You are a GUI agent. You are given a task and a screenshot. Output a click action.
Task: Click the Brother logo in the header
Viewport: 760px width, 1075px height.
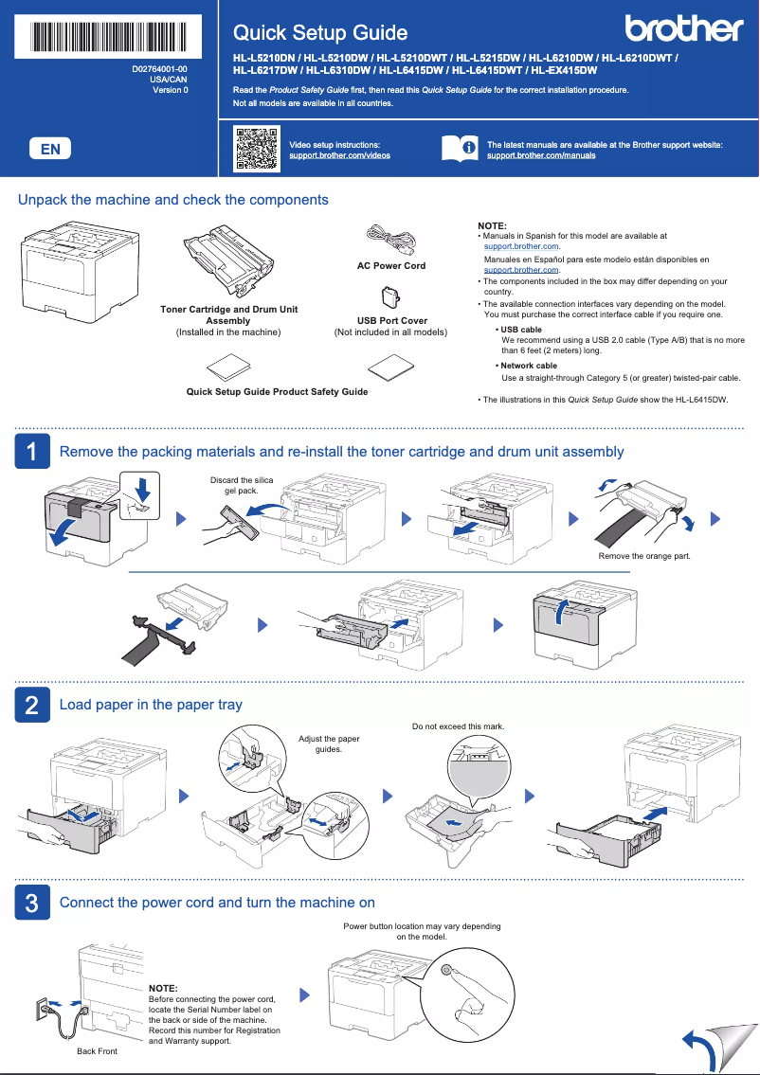(682, 30)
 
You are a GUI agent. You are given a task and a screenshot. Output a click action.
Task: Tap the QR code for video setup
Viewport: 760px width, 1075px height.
(256, 148)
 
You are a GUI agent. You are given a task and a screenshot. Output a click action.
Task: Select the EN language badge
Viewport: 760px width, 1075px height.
(50, 149)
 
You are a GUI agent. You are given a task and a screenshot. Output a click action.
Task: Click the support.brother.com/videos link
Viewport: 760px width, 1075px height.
(339, 155)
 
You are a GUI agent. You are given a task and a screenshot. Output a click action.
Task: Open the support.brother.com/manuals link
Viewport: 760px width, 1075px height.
(541, 155)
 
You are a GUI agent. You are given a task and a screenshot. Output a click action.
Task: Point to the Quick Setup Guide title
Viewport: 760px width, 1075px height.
(320, 33)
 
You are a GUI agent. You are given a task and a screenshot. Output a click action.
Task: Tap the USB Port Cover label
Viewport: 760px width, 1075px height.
(390, 321)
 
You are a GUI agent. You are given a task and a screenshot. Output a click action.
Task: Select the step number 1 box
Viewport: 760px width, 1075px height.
(31, 452)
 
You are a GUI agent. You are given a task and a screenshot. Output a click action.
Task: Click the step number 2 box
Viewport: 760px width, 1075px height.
(31, 705)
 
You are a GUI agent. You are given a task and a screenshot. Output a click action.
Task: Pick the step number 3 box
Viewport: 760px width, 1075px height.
(31, 903)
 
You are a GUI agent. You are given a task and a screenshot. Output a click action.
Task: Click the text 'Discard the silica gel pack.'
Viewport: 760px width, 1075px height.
(241, 486)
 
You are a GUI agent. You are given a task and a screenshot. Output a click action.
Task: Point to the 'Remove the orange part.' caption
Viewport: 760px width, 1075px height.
(643, 556)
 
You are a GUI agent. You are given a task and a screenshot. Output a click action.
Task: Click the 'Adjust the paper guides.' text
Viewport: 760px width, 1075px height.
(329, 744)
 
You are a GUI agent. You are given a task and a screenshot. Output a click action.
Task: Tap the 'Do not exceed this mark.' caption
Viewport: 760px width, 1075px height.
(458, 726)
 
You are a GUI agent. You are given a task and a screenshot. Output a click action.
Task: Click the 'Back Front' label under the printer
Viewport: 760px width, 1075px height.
(97, 1051)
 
